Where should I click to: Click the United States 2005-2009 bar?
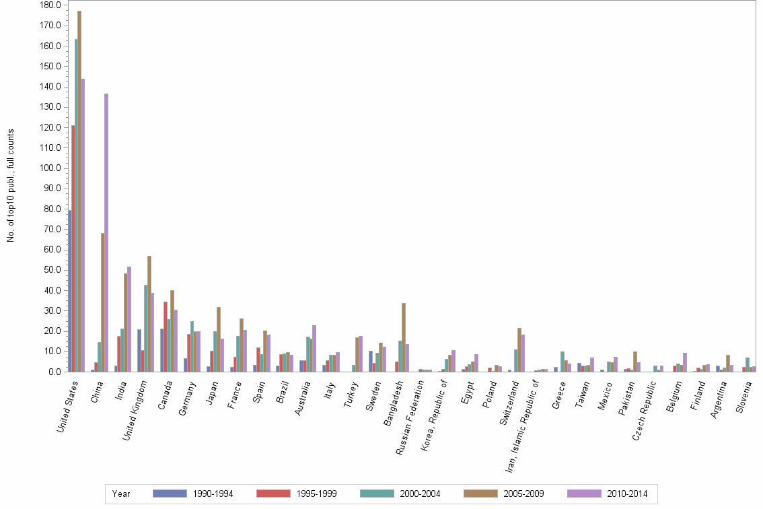pos(79,192)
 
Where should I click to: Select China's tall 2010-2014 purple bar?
pos(106,232)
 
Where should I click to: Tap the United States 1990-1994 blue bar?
pos(70,291)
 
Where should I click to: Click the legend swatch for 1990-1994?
pos(170,494)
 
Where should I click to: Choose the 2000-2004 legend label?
pos(420,494)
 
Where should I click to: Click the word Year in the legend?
pos(121,494)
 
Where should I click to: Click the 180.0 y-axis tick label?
pos(51,5)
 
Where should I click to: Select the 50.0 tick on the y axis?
pos(53,270)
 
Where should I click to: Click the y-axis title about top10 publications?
pos(10,185)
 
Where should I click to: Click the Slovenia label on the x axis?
pos(746,398)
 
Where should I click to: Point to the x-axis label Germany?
pos(188,397)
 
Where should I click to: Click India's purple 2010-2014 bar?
pos(129,319)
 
